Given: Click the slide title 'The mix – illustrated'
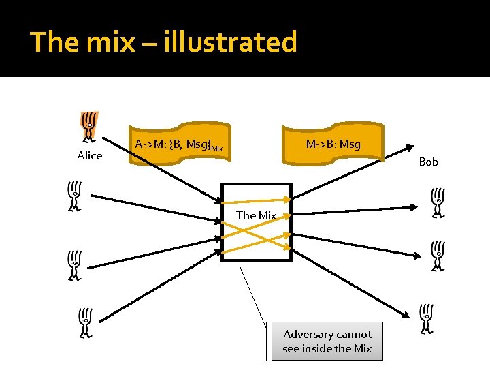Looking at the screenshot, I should point(164,42).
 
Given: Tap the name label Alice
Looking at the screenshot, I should point(89,156).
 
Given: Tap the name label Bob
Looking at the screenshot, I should point(429,162).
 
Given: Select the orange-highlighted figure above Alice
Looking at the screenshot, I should point(89,126).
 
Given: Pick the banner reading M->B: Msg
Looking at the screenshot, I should point(333,144).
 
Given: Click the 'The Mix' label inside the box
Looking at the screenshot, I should point(256,215).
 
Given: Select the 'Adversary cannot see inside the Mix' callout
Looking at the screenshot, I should point(327,341).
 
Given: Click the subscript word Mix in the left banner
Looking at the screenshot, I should point(216,148).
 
